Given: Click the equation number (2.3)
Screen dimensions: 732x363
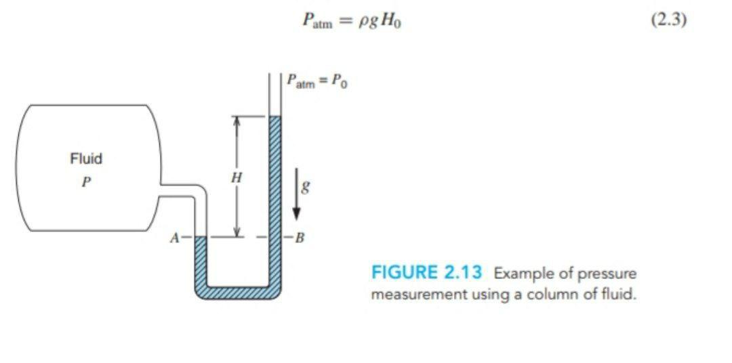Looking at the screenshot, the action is pos(668,20).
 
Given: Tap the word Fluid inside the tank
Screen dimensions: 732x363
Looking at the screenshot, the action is pos(86,158).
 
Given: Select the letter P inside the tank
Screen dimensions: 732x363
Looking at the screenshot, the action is pos(85,182).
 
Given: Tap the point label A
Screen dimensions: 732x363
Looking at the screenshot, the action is pos(174,238).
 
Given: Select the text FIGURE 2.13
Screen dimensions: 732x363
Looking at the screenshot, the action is pos(426,273).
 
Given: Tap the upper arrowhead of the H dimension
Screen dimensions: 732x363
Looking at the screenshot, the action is pos(236,121).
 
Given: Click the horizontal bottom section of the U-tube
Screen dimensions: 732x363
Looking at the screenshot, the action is pos(237,293).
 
